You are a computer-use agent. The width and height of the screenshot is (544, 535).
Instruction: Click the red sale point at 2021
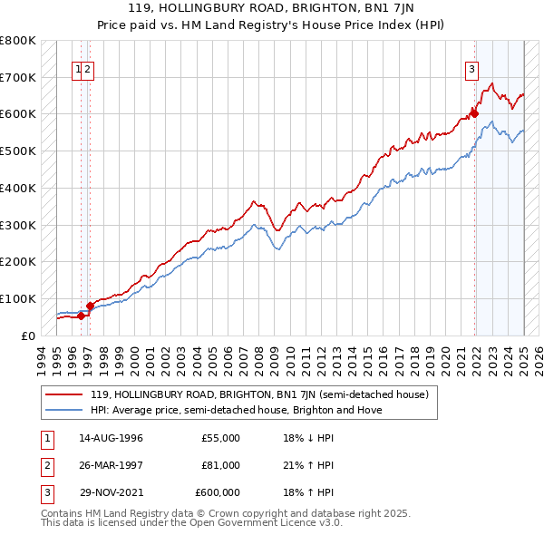click(x=473, y=114)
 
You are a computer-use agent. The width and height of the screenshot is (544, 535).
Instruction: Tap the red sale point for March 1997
click(x=90, y=306)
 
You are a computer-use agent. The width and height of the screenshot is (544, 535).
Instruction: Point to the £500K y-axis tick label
click(x=18, y=151)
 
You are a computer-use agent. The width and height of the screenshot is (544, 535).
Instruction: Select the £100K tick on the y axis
click(x=18, y=298)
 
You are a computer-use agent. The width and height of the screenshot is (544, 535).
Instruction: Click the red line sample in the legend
click(x=64, y=394)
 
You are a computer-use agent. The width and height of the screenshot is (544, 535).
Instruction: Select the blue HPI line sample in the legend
click(x=64, y=410)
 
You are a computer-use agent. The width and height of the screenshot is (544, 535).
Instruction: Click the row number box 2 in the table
click(x=46, y=465)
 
